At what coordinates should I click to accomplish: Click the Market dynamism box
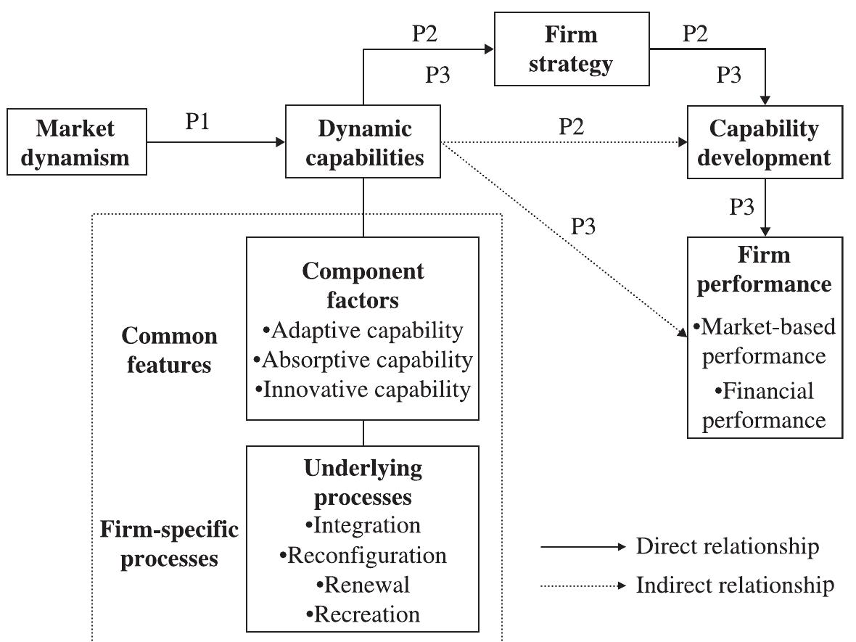coord(75,143)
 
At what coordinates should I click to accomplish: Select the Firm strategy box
coord(571,50)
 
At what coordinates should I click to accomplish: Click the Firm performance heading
coord(764,269)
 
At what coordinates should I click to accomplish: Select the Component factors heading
coord(363,284)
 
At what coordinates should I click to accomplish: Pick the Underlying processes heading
coord(363,482)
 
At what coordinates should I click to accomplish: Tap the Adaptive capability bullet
coord(363,331)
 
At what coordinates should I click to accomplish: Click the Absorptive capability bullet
coord(363,360)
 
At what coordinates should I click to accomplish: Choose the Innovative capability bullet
coord(363,390)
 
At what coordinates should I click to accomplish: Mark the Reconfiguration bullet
coord(363,556)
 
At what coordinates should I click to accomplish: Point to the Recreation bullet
coord(363,614)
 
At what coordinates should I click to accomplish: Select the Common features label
coord(170,350)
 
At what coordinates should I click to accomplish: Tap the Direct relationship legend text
coord(728,546)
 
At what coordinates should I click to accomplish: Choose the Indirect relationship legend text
coord(735,585)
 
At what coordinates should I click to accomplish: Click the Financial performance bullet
coord(764,406)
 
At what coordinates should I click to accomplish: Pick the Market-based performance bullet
coord(764,342)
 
